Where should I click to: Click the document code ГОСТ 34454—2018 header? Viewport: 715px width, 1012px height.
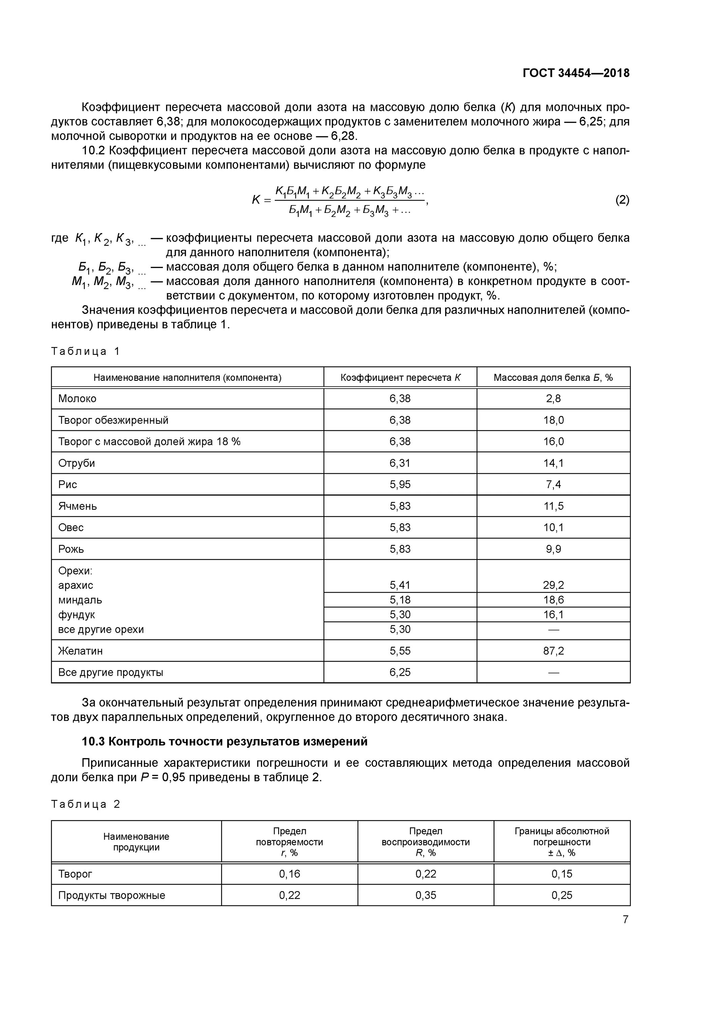coord(576,73)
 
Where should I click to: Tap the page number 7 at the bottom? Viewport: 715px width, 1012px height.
coord(625,919)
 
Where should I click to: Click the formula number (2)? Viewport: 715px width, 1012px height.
coord(622,200)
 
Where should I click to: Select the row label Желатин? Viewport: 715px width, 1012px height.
coord(80,651)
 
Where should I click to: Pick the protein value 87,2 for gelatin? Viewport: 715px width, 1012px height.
coord(553,651)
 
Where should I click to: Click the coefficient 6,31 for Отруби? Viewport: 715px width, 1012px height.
coord(399,463)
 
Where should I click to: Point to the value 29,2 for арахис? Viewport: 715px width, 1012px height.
coord(553,585)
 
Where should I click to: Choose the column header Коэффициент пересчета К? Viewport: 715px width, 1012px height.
coord(400,377)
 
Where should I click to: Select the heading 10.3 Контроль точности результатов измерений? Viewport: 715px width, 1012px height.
coord(225,741)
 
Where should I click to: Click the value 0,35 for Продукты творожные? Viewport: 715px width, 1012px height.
coord(425,895)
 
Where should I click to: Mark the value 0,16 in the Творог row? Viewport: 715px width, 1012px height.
coord(290,874)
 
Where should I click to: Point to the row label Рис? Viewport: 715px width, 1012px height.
coord(67,484)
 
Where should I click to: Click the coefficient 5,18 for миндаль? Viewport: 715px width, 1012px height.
coord(399,599)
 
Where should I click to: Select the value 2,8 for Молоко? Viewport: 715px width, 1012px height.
coord(553,398)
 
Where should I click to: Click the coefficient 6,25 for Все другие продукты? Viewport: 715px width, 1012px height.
coord(399,672)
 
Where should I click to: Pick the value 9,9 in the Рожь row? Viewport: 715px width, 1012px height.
coord(553,549)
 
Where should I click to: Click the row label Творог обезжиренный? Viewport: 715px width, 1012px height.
coord(113,420)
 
